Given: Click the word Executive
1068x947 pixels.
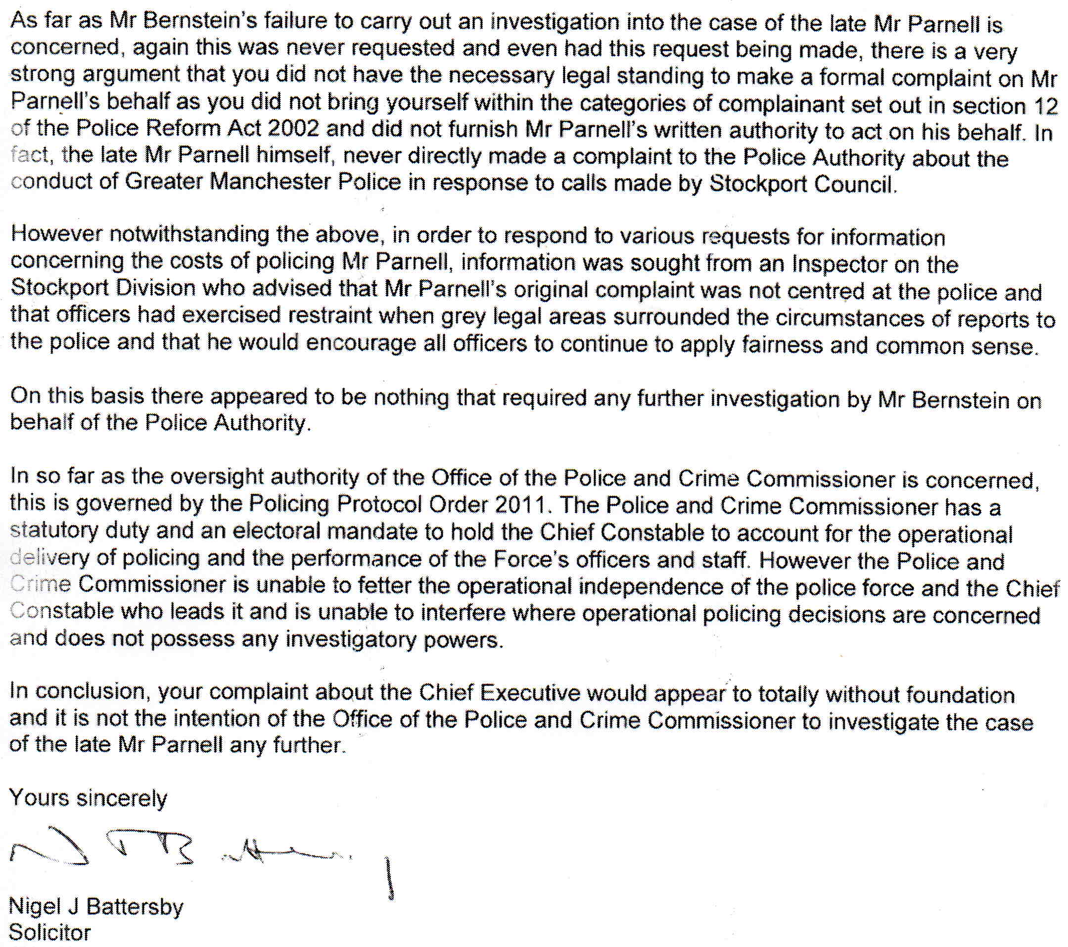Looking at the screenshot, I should click(529, 693).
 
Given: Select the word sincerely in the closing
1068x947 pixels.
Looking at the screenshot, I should click(121, 799).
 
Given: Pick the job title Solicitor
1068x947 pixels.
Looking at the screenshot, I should click(50, 933).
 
